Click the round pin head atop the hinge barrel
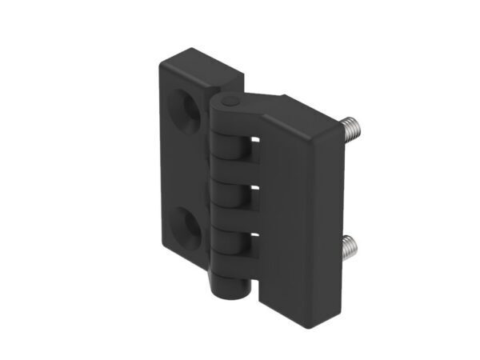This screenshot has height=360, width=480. tap(229, 103)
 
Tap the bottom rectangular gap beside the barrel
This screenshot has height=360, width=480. tap(253, 239)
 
